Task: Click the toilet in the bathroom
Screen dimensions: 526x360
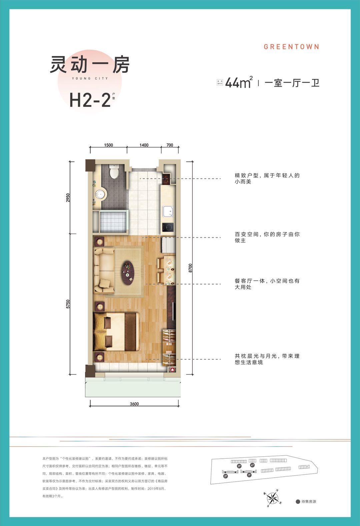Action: (114, 172)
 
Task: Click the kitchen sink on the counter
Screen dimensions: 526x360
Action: (168, 211)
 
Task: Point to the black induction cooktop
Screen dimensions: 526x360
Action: (168, 227)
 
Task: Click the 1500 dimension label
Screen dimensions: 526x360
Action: (109, 145)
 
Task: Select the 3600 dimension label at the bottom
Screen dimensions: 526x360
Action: (134, 404)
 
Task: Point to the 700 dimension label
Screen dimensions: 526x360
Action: (170, 145)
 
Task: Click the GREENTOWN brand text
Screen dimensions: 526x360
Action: (291, 47)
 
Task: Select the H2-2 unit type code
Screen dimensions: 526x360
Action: (90, 100)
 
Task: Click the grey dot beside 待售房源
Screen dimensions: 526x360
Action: (298, 502)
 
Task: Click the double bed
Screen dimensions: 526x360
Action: (117, 331)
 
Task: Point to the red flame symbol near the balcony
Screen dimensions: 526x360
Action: (172, 369)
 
